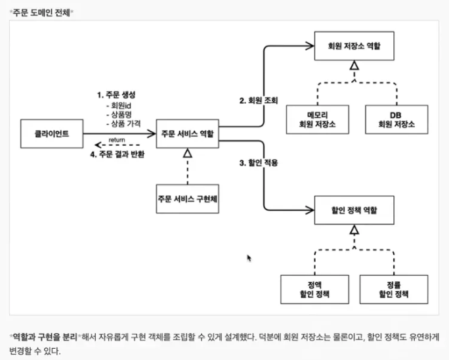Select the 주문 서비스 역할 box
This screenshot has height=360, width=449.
[187, 133]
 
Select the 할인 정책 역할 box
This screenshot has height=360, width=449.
[354, 212]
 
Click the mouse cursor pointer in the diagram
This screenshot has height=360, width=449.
[249, 258]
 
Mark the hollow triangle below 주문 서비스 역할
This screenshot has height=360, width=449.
[187, 153]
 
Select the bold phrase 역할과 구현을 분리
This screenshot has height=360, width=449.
[45, 336]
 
